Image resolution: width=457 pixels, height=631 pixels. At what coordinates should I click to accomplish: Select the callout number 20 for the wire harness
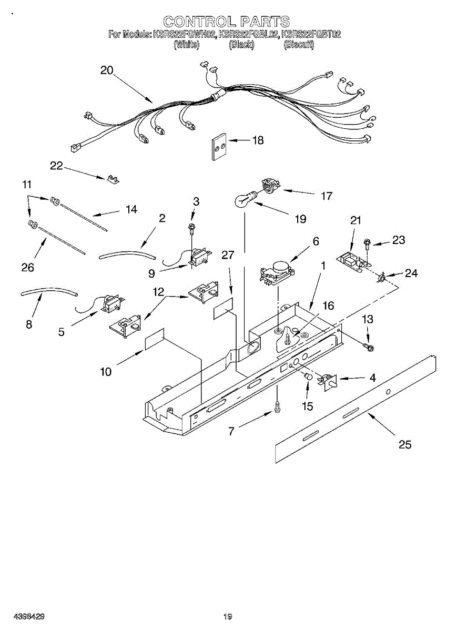[107, 70]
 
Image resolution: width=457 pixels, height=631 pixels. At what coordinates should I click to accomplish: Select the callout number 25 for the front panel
[404, 445]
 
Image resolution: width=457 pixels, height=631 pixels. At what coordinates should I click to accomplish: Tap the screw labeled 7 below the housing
[278, 407]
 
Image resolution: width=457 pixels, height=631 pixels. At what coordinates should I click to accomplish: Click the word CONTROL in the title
[198, 22]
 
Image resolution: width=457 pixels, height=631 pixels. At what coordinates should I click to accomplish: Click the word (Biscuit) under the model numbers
[299, 45]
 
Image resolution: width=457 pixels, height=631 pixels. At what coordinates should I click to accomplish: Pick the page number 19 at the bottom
[227, 616]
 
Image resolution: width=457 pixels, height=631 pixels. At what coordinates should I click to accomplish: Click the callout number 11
[27, 185]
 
